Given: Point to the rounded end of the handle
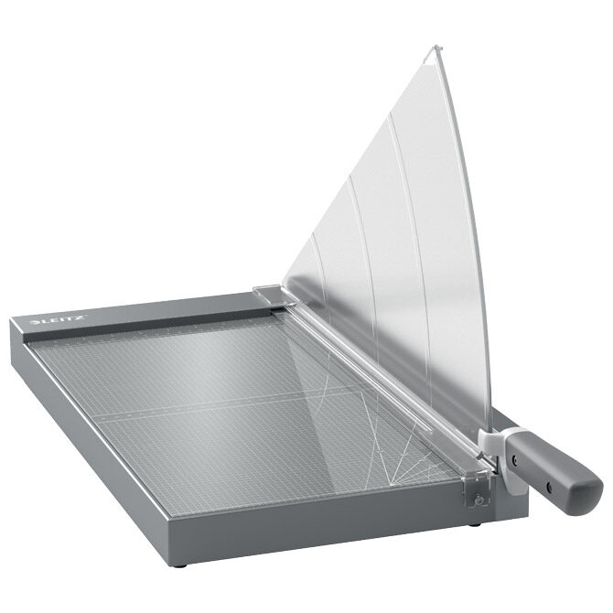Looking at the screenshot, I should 590,495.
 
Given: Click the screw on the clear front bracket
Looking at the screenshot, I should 478,499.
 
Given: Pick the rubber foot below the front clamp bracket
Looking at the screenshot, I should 476,524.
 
